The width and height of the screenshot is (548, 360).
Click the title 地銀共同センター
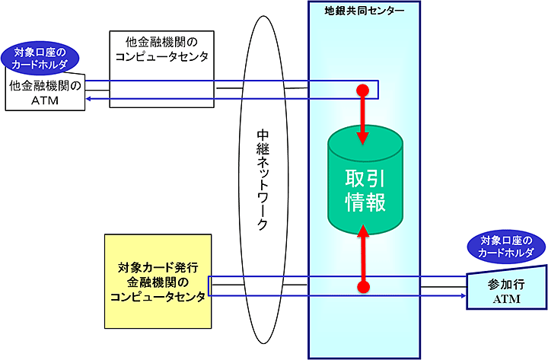tap(364, 12)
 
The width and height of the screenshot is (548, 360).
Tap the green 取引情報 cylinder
tap(364, 190)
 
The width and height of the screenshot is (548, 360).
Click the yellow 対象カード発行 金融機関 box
tap(158, 281)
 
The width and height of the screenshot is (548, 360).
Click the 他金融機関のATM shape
tap(46, 93)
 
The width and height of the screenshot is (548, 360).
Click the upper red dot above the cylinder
tap(364, 91)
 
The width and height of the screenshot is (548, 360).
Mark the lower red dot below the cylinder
tap(364, 287)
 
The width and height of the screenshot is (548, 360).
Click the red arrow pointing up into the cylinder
tap(364, 255)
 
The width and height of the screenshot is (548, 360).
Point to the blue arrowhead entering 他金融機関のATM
tap(88, 98)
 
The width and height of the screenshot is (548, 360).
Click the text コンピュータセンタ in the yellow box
tap(158, 298)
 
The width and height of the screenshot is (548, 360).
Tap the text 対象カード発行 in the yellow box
tap(158, 267)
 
